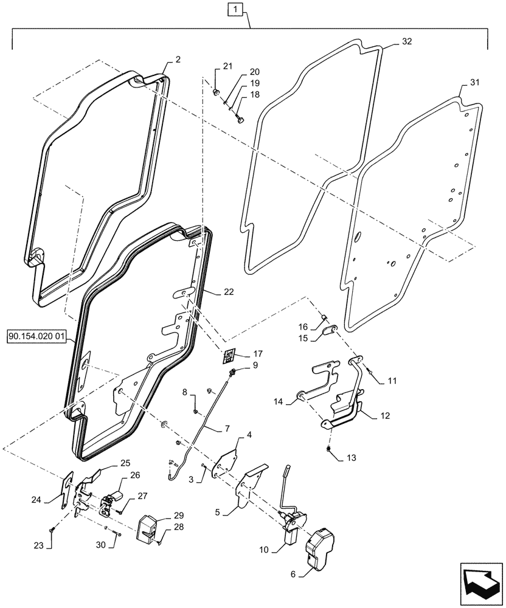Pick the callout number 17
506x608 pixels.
click(258, 353)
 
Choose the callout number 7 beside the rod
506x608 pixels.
click(226, 429)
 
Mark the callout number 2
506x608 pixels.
click(178, 59)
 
